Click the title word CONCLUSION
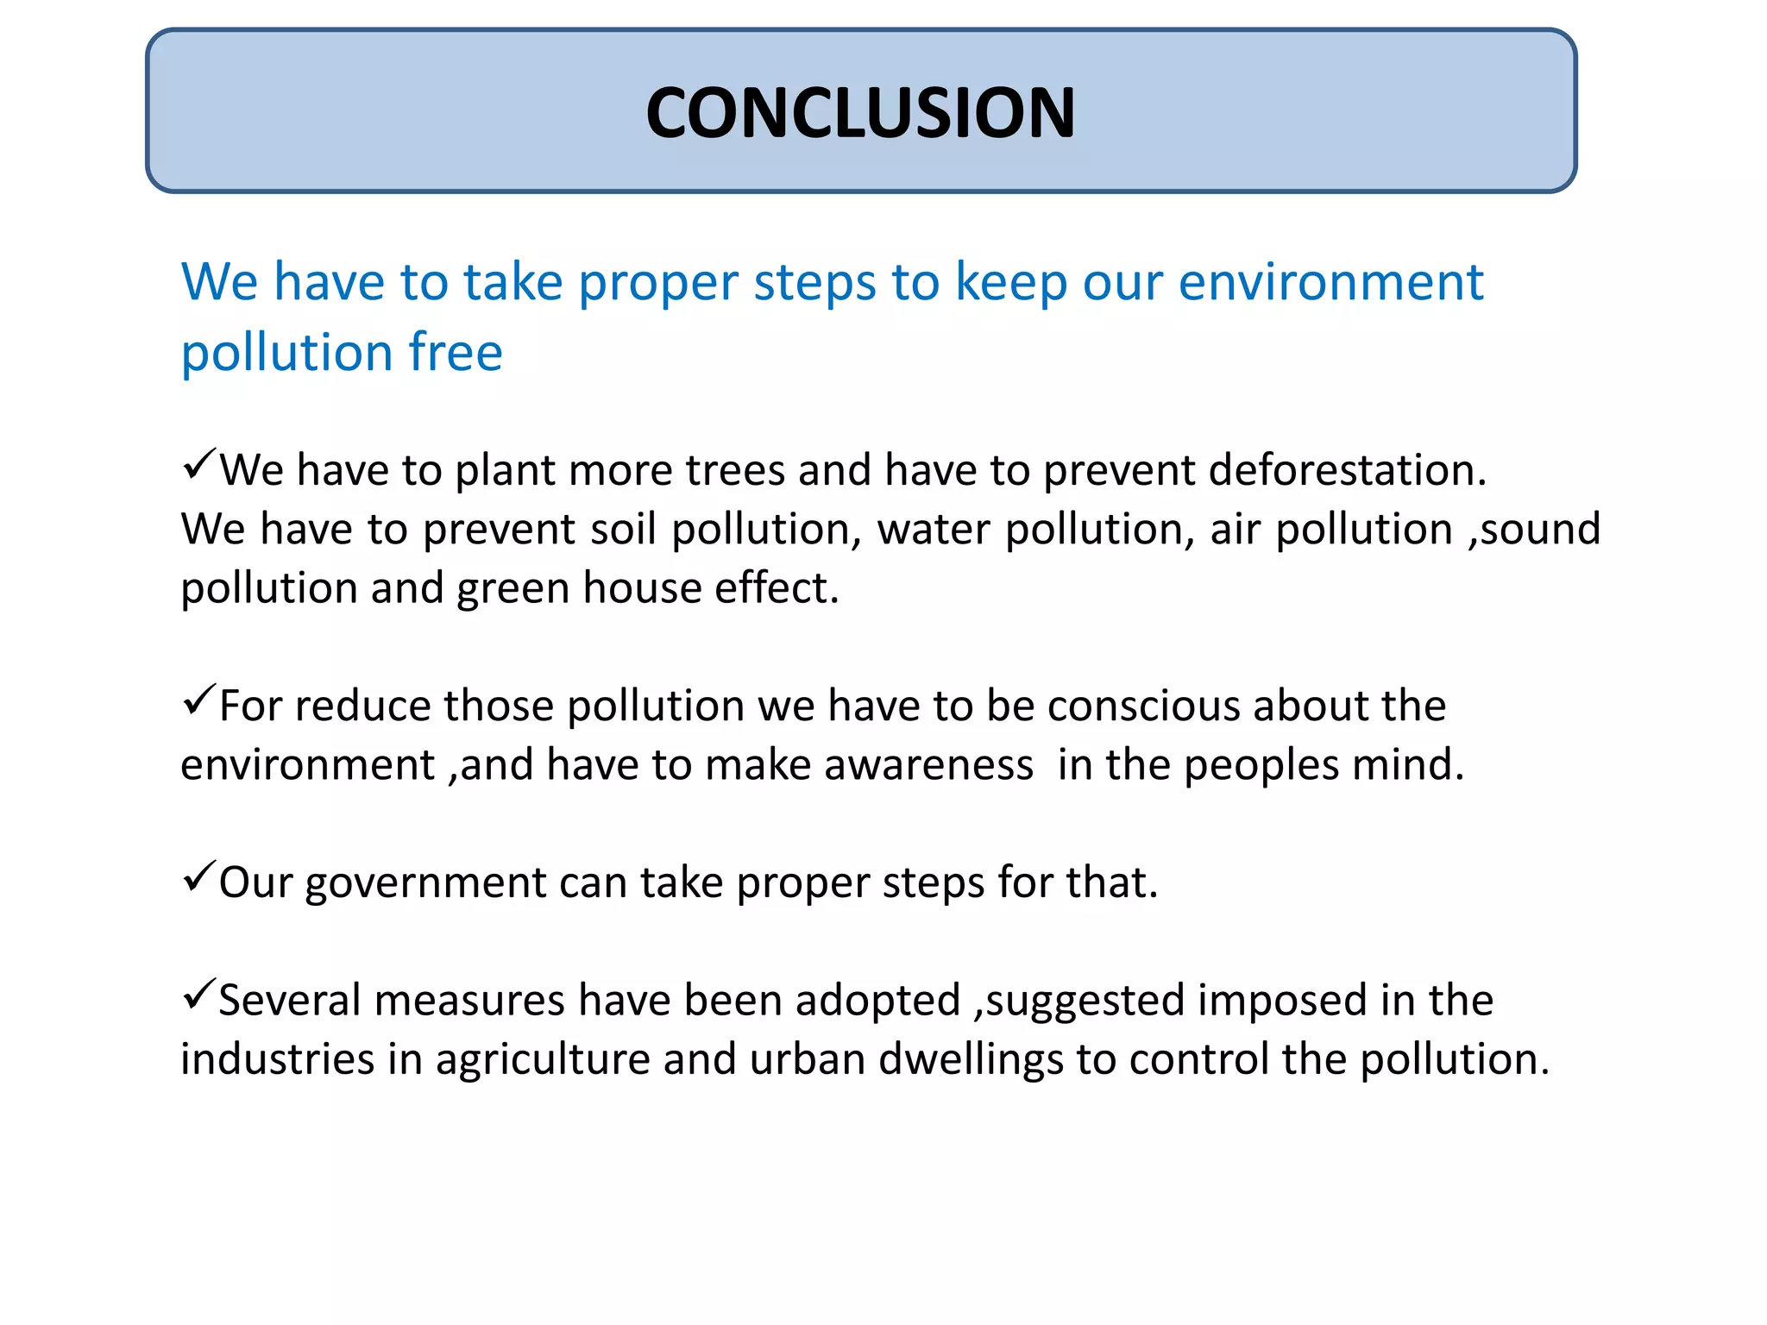pyautogui.click(x=860, y=113)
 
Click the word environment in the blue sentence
pyautogui.click(x=1330, y=283)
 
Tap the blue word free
pyautogui.click(x=456, y=353)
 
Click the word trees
pyautogui.click(x=735, y=471)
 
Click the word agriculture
pyautogui.click(x=542, y=1060)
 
